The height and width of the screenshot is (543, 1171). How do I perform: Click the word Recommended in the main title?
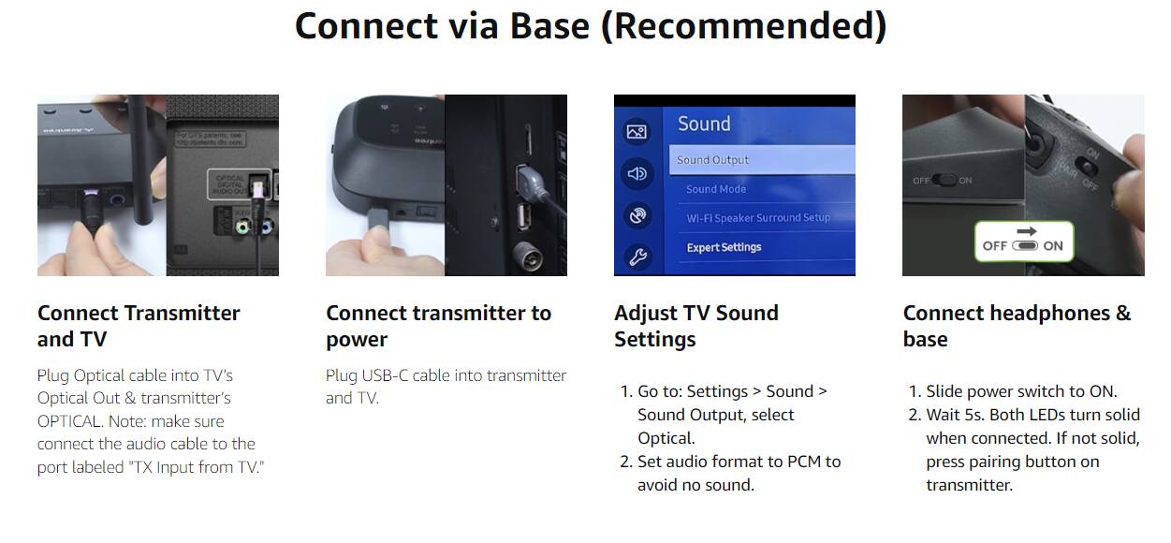tap(743, 26)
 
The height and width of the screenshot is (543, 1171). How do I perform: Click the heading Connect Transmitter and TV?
tap(139, 326)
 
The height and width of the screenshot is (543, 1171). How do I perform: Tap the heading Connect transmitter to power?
tap(438, 326)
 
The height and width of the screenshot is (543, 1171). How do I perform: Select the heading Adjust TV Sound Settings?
tap(695, 326)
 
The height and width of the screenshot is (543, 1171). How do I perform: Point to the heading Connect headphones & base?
tap(1017, 326)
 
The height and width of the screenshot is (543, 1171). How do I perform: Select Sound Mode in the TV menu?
tap(716, 189)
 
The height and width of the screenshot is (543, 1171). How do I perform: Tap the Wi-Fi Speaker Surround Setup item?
tap(758, 218)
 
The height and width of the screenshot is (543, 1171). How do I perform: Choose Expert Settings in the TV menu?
tap(724, 247)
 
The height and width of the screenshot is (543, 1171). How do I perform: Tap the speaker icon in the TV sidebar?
tap(637, 173)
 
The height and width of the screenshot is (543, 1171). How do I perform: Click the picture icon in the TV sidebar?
tap(637, 132)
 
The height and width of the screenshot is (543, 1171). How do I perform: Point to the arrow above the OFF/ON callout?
tap(1026, 230)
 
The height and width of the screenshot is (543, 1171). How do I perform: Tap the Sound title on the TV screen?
tap(704, 124)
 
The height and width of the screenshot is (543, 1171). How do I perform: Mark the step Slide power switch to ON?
tap(1021, 391)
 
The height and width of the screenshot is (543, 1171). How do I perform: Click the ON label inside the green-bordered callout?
tap(1053, 246)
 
